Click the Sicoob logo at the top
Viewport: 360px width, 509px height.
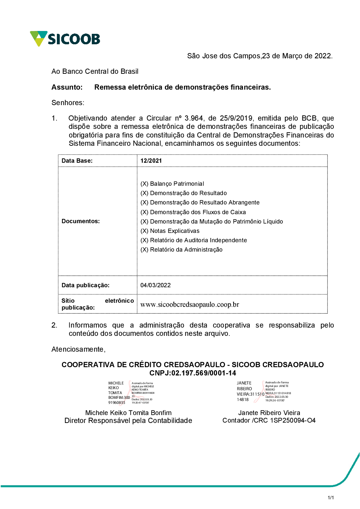(65, 39)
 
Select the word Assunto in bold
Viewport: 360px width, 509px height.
(67, 87)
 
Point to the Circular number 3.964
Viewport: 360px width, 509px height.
(194, 118)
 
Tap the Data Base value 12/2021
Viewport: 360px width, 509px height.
(151, 161)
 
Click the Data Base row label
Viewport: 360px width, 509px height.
(77, 161)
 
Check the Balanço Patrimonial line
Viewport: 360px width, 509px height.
(172, 184)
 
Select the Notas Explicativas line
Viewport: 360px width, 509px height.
(170, 231)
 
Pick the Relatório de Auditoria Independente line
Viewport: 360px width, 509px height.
(194, 240)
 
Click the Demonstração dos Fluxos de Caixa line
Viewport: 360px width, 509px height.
(193, 212)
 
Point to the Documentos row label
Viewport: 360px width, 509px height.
(81, 221)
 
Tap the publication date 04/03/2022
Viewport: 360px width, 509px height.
(156, 285)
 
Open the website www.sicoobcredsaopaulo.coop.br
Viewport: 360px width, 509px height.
(190, 305)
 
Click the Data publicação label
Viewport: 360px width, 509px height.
(85, 285)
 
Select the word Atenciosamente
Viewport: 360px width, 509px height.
(78, 349)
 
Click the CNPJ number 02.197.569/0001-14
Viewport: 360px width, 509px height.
(204, 373)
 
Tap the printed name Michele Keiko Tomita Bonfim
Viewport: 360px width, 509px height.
(128, 413)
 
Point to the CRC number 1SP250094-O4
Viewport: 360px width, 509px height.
(293, 420)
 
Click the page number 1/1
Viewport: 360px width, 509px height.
(330, 498)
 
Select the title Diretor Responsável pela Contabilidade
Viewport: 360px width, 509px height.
(128, 420)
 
